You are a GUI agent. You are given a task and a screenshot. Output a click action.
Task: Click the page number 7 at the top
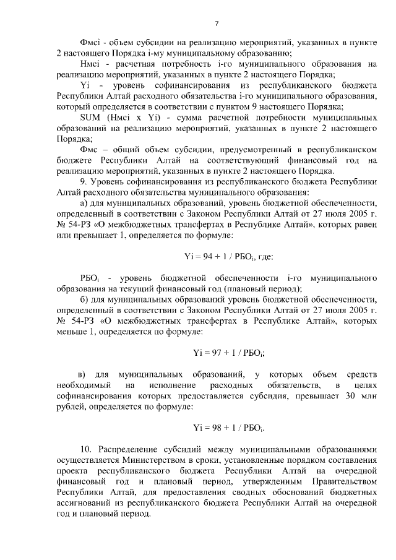click(x=217, y=24)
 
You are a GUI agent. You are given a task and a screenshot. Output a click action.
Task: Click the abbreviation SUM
click(x=92, y=117)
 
